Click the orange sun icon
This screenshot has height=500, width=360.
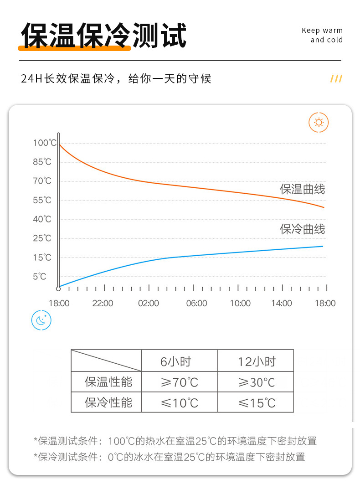click(319, 123)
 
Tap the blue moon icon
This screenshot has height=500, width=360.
click(41, 320)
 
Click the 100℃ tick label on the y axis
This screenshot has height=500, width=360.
click(45, 143)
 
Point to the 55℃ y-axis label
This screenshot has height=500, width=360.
click(42, 200)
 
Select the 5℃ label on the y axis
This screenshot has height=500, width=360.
click(40, 276)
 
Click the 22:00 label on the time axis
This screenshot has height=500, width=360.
click(103, 304)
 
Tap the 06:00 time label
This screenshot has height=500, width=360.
click(196, 304)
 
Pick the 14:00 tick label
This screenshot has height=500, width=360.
click(282, 304)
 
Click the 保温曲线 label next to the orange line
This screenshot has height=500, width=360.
click(303, 189)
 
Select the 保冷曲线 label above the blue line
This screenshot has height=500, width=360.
click(303, 229)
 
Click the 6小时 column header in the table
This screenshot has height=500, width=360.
click(176, 361)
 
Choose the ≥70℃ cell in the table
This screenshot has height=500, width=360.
click(179, 382)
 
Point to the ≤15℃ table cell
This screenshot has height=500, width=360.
click(257, 403)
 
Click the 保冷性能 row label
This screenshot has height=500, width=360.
click(108, 403)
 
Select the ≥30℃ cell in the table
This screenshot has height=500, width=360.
click(257, 382)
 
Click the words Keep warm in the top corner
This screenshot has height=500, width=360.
click(322, 31)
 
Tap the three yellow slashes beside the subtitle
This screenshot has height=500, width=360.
click(336, 79)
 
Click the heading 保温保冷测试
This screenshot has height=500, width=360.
click(104, 35)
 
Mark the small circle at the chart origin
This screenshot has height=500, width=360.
click(58, 289)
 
